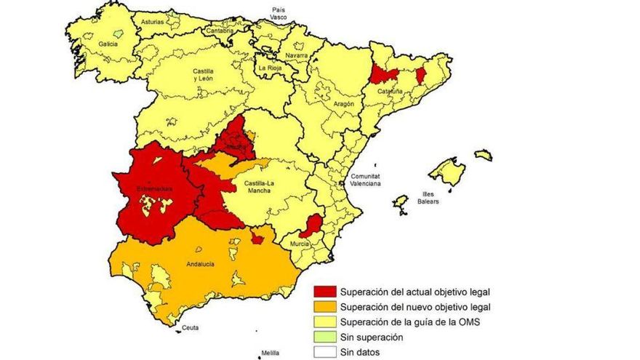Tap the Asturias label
pos(153,22)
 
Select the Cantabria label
pos(220,31)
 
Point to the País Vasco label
pos(279,12)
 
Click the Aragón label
pos(343,104)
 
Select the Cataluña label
pos(391,92)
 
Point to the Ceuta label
pos(191,328)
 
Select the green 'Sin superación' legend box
pos(325,337)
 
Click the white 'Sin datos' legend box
pos(325,352)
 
